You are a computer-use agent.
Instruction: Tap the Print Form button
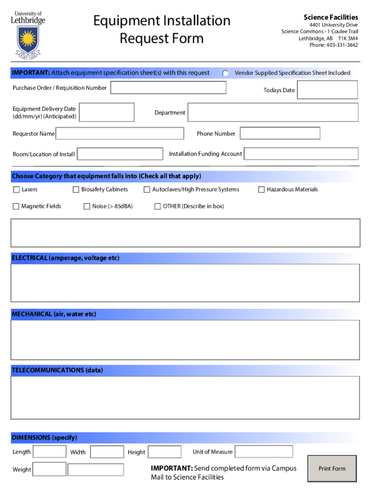pyautogui.click(x=332, y=468)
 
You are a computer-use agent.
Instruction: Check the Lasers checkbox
pyautogui.click(x=16, y=190)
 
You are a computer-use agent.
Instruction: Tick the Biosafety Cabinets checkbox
pyautogui.click(x=76, y=190)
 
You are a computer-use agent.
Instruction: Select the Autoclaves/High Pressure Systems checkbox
pyautogui.click(x=147, y=190)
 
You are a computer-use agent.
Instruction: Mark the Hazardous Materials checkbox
pyautogui.click(x=262, y=190)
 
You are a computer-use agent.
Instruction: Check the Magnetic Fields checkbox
pyautogui.click(x=16, y=206)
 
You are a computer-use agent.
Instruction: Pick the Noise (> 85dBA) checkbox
pyautogui.click(x=87, y=206)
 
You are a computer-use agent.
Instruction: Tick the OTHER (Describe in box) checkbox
pyautogui.click(x=158, y=206)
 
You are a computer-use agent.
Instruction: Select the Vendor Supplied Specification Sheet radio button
pyautogui.click(x=225, y=73)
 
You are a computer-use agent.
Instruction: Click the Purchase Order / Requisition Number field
pyautogui.click(x=168, y=88)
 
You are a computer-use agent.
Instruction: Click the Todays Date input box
pyautogui.click(x=327, y=90)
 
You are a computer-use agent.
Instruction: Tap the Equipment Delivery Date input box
pyautogui.click(x=106, y=112)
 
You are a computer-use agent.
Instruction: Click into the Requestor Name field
pyautogui.click(x=119, y=133)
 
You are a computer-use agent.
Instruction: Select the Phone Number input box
pyautogui.click(x=280, y=133)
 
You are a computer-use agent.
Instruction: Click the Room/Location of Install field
pyautogui.click(x=120, y=154)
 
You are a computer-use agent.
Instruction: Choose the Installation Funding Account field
pyautogui.click(x=301, y=154)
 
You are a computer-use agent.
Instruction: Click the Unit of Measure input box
pyautogui.click(x=264, y=452)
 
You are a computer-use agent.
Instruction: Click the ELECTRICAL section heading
pyautogui.click(x=65, y=258)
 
